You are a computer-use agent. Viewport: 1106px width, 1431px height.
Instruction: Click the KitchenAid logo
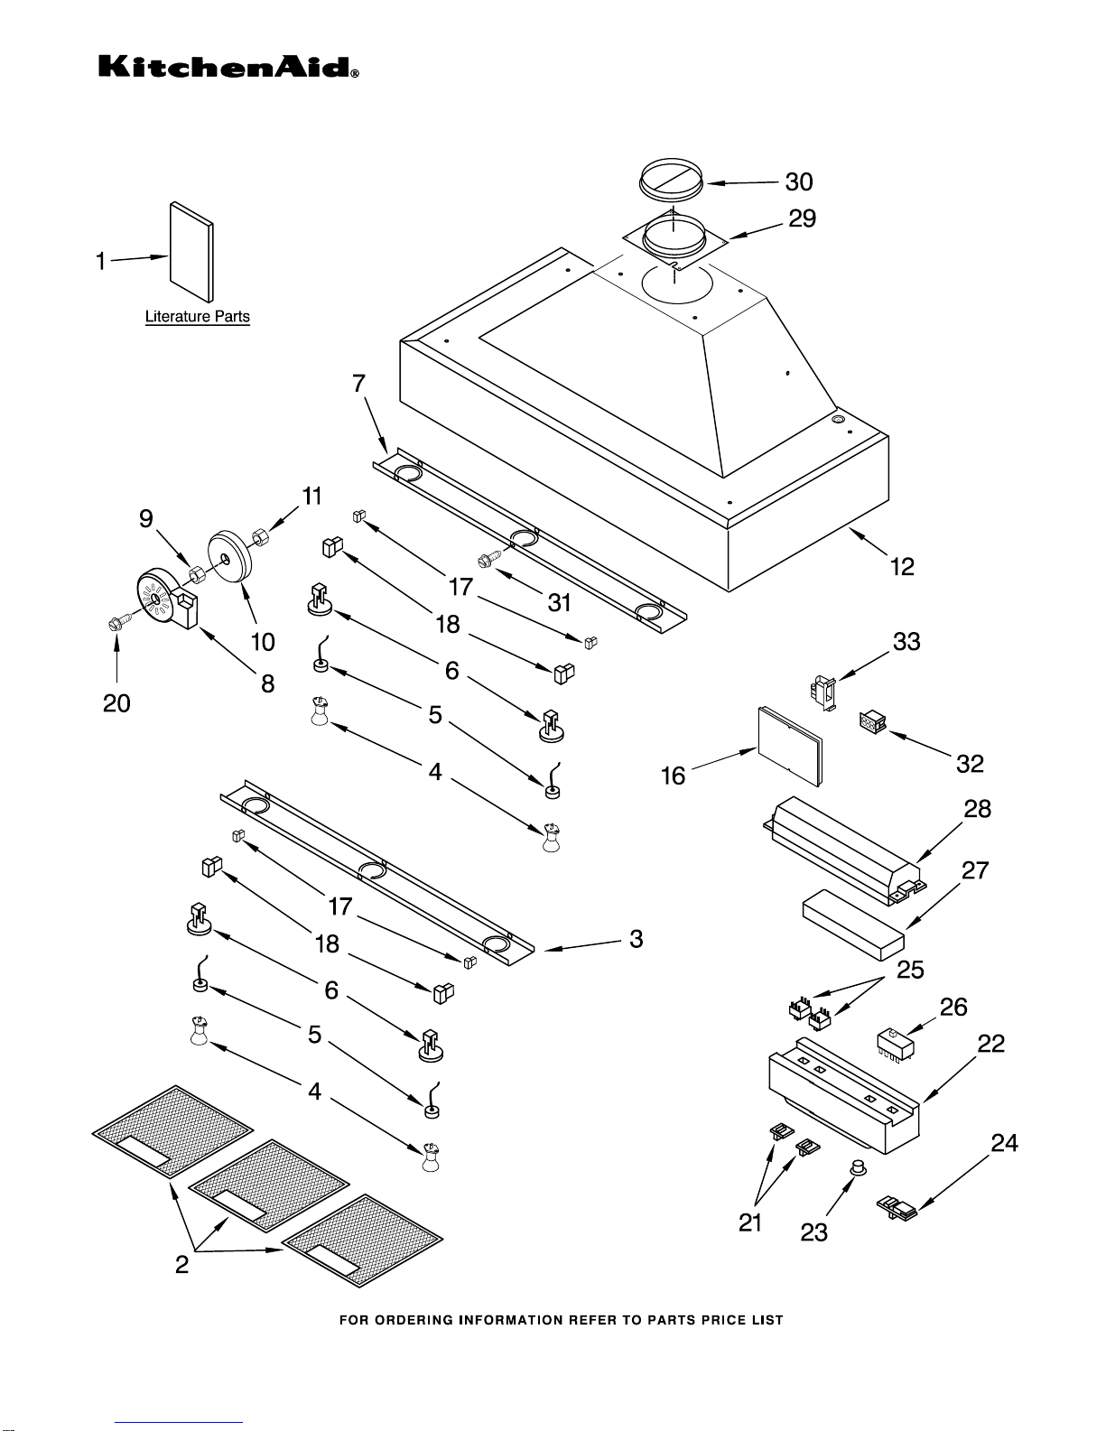[x=228, y=67]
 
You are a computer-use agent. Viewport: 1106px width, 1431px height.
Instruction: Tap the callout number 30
[x=798, y=181]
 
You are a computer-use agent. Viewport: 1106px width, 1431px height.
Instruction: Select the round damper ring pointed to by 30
[x=672, y=178]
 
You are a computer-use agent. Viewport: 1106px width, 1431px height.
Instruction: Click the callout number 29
[x=802, y=218]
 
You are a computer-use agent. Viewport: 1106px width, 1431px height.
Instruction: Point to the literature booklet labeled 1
[x=191, y=252]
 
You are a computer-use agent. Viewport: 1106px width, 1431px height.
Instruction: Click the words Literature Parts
[x=198, y=316]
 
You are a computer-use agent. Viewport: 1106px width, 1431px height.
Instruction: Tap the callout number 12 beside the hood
[x=902, y=566]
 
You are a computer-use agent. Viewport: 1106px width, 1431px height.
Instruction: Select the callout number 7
[x=358, y=384]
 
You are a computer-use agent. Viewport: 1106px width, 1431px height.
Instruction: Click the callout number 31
[x=559, y=602]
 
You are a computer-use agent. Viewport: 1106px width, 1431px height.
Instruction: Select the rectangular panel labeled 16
[x=790, y=746]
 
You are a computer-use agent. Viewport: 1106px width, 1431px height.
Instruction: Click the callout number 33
[x=906, y=641]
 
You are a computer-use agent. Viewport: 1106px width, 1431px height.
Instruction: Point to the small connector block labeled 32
[x=873, y=722]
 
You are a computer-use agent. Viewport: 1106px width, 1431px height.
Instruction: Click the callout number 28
[x=977, y=809]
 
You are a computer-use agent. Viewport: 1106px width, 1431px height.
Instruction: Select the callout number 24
[x=1004, y=1143]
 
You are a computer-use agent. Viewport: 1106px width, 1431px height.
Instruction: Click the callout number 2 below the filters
[x=181, y=1264]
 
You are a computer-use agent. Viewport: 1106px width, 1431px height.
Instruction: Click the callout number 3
[x=636, y=938]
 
